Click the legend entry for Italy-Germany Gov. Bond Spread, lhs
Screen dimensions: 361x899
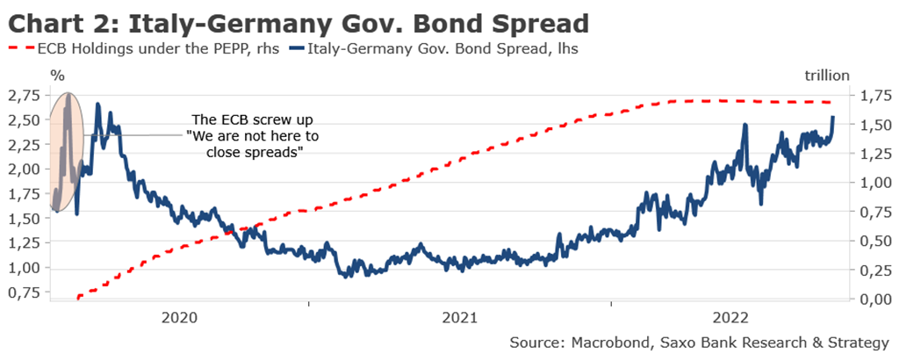tap(444, 49)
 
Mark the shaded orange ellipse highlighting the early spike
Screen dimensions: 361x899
tap(67, 151)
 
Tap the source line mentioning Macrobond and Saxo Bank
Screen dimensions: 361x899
tap(699, 342)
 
